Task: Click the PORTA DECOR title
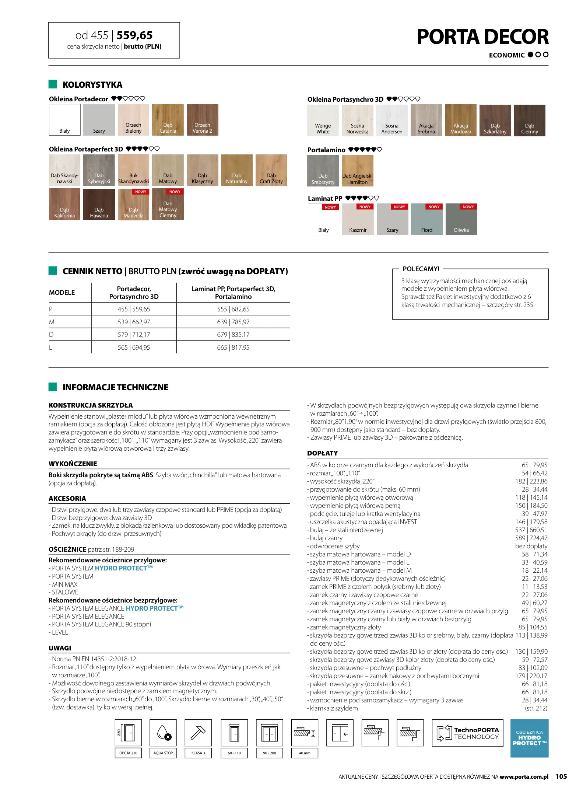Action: [482, 37]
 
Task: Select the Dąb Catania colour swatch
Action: [168, 120]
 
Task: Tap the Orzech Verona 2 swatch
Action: [202, 120]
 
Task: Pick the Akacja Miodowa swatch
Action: [460, 120]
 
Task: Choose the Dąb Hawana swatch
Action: [99, 204]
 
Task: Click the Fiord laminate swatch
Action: [426, 220]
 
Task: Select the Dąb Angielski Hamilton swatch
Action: [357, 171]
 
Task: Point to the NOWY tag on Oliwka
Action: [468, 207]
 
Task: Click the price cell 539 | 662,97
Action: [134, 322]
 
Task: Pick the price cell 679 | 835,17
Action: [233, 335]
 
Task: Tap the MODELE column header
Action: [62, 293]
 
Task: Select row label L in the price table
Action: [51, 348]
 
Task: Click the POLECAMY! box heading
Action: [421, 269]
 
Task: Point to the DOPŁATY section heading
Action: [322, 453]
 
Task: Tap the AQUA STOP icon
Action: [163, 733]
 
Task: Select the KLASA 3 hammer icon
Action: [198, 733]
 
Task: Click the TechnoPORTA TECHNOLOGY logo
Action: [467, 733]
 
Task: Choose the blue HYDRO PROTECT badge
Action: [529, 738]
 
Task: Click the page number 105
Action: [561, 776]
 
